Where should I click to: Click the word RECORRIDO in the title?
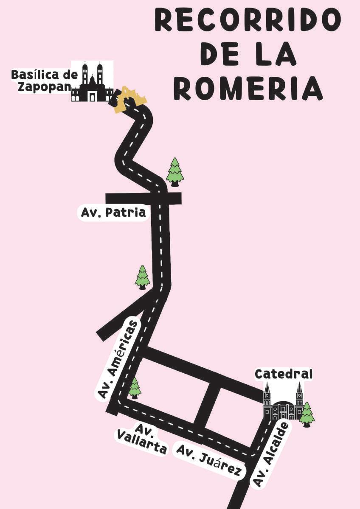coord(247,20)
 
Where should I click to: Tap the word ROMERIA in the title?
coord(248,89)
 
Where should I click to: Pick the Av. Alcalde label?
coord(271,454)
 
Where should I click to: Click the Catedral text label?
coord(284,374)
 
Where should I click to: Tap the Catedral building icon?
coord(283,402)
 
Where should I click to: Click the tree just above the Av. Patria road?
coord(174,172)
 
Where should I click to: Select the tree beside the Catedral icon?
coord(307,414)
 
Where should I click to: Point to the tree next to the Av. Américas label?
coord(135,388)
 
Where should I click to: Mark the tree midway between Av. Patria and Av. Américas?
coord(143,277)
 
